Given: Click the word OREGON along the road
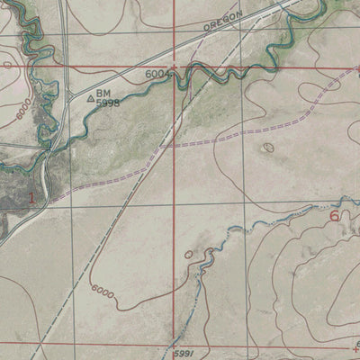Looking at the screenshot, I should click(223, 22).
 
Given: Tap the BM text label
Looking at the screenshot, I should click(103, 93).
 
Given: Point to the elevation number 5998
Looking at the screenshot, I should click(108, 103).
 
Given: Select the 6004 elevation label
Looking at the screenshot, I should click(157, 74).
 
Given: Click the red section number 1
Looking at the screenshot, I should click(33, 197).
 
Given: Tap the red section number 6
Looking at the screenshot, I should click(335, 215).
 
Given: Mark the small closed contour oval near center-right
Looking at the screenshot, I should click(267, 147).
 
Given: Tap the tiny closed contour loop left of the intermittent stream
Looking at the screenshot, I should click(188, 255).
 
